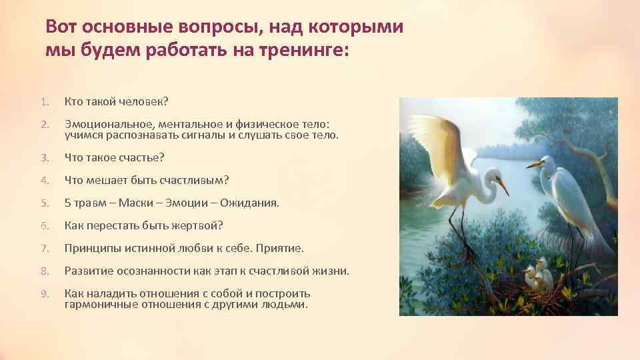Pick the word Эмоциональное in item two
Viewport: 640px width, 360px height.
coord(103,124)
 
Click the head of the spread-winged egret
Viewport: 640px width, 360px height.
coord(493,177)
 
